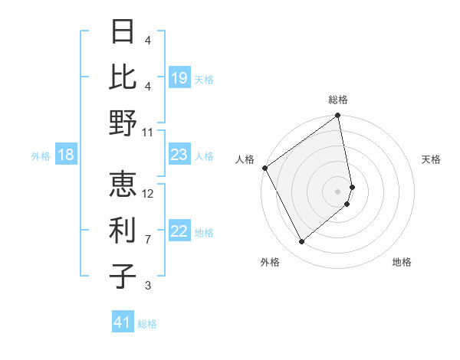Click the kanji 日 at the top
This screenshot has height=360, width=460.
coord(123,32)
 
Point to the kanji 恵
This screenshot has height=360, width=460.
coord(123,184)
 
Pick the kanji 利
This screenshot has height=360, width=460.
coord(123,230)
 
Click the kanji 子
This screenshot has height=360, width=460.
coord(123,276)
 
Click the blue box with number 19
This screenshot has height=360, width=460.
coord(179,78)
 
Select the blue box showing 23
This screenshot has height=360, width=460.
coord(179,155)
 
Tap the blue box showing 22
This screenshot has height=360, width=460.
coord(179,232)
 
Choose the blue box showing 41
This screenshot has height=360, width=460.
coord(123,322)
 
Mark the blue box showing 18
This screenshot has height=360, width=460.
coord(66,155)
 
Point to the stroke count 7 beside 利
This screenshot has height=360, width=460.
coord(148,240)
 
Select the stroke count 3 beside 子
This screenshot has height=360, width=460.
coord(148,286)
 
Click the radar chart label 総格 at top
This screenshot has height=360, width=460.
coord(338,100)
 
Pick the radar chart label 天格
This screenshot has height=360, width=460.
coord(431,159)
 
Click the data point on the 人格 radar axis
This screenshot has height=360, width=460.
coord(264,168)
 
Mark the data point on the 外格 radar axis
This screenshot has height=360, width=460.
coord(302,241)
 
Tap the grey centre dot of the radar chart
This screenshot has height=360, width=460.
coord(338,191)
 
